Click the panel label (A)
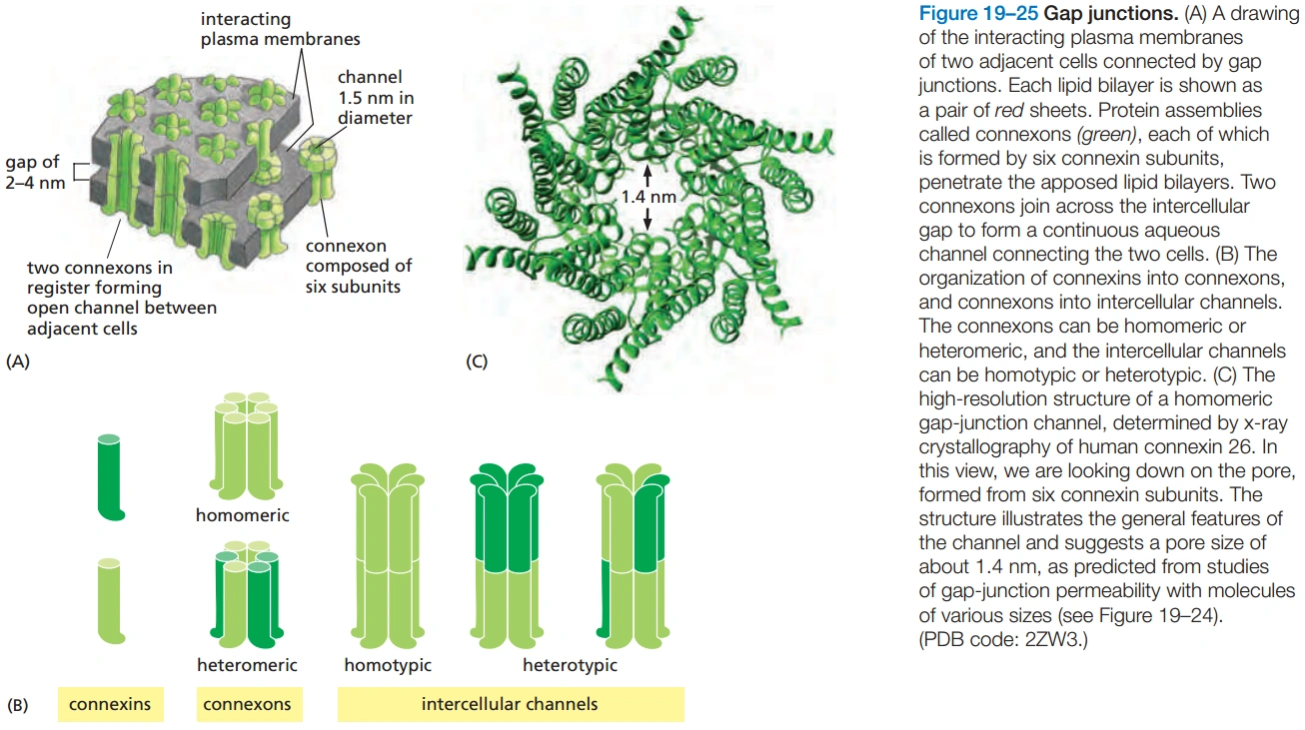pyautogui.click(x=18, y=364)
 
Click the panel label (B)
pyautogui.click(x=18, y=705)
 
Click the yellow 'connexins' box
pyautogui.click(x=110, y=704)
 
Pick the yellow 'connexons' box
pyautogui.click(x=247, y=704)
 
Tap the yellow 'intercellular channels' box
pyautogui.click(x=510, y=704)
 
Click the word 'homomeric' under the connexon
pyautogui.click(x=243, y=516)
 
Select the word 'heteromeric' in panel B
pyautogui.click(x=247, y=664)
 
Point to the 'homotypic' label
pyautogui.click(x=388, y=664)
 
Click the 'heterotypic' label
pyautogui.click(x=570, y=664)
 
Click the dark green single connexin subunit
pyautogui.click(x=109, y=477)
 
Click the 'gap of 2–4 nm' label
pyautogui.click(x=36, y=172)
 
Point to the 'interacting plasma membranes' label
pyautogui.click(x=280, y=29)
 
